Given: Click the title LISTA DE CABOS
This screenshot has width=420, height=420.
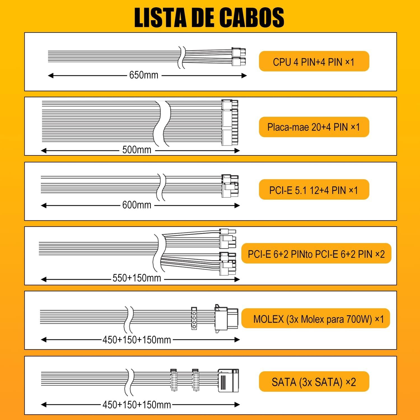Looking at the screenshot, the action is click(209, 18).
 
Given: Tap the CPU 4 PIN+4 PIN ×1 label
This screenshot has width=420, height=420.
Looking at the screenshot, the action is click(314, 62).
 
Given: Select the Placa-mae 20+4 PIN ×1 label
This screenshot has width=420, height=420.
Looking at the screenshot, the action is click(314, 127).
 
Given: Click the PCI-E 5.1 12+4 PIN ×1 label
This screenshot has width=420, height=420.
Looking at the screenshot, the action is click(314, 190).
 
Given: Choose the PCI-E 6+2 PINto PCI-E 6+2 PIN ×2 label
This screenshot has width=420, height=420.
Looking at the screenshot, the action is click(316, 254).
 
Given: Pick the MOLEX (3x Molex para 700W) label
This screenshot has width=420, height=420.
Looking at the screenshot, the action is click(312, 319).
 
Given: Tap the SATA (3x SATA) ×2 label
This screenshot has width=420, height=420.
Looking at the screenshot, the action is click(314, 382).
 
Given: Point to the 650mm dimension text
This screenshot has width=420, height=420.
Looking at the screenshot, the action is click(144, 75).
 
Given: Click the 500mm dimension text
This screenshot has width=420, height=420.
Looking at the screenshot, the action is click(137, 150).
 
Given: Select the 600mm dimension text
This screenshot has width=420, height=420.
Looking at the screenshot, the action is click(137, 205).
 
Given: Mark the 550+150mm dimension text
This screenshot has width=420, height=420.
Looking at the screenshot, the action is click(137, 278).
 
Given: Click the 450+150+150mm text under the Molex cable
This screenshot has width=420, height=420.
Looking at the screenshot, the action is click(137, 340).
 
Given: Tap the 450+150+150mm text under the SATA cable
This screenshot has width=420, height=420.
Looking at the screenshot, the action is click(137, 405).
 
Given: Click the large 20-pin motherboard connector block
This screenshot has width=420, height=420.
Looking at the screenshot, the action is click(230, 128).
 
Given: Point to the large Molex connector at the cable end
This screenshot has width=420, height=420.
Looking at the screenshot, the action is click(226, 319).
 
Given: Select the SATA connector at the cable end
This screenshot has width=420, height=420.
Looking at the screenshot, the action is click(228, 381).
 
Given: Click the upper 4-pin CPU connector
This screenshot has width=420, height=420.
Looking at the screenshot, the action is click(239, 52).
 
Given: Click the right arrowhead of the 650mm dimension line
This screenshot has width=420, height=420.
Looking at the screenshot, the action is click(244, 76).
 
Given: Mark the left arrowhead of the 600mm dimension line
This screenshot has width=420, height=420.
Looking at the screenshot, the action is click(43, 206).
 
